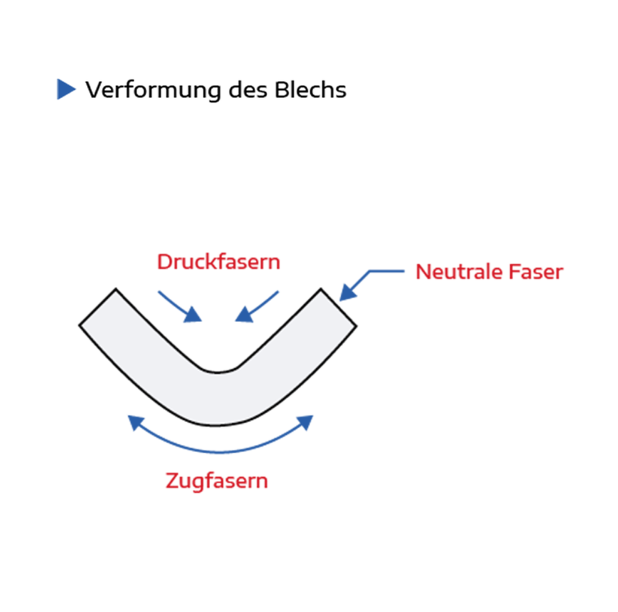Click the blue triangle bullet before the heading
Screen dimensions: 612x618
(66, 89)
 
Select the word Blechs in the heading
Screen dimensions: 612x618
(310, 90)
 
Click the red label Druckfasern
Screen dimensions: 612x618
(219, 262)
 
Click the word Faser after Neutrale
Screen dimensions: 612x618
(536, 272)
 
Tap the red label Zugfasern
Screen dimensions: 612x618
(217, 480)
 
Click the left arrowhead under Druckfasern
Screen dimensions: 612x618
(193, 315)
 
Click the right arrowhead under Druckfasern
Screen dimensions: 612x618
(243, 315)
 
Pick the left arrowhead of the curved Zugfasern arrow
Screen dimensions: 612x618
(136, 422)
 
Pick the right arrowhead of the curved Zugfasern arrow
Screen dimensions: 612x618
(305, 422)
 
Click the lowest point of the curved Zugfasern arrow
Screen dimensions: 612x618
(220, 452)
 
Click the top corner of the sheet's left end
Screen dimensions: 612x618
(116, 289)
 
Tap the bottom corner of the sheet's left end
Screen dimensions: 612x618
(80, 325)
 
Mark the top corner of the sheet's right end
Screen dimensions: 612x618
(321, 289)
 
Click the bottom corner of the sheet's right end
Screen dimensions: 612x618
(356, 326)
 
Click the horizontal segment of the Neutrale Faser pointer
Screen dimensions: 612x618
(386, 271)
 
